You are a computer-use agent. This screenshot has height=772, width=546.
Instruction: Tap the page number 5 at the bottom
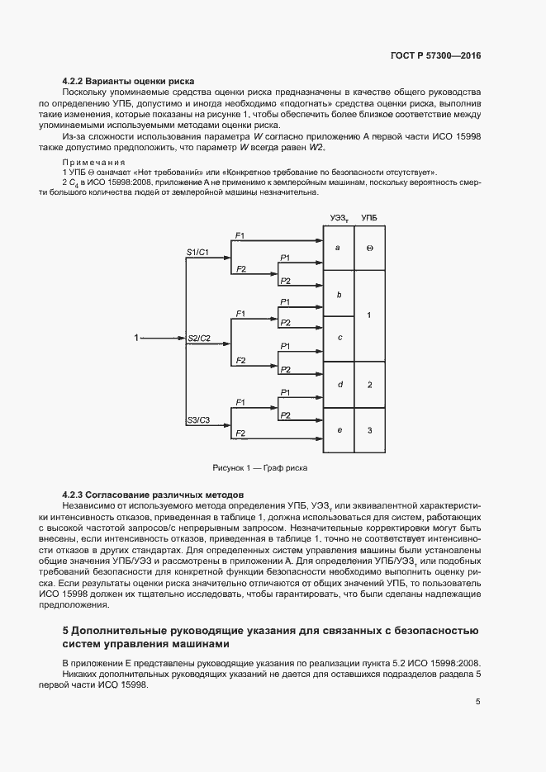click(x=478, y=702)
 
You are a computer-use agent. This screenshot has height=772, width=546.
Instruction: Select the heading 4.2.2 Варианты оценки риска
click(x=128, y=82)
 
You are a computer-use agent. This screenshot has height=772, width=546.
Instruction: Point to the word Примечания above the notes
click(x=93, y=163)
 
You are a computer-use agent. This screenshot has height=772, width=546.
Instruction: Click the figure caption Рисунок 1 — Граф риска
click(x=259, y=467)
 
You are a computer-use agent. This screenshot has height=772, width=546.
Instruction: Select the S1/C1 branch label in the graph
click(x=198, y=251)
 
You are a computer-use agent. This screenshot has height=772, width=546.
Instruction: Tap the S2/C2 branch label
click(x=199, y=339)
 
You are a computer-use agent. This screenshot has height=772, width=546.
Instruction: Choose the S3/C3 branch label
click(x=198, y=420)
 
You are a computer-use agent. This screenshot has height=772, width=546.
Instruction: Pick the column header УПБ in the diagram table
click(x=370, y=217)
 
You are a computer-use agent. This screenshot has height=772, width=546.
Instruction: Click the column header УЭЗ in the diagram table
click(x=339, y=217)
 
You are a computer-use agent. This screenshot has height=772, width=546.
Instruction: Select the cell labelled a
click(x=338, y=248)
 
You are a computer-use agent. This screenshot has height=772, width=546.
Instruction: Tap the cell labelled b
click(x=338, y=293)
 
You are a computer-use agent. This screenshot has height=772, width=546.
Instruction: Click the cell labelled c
click(x=338, y=339)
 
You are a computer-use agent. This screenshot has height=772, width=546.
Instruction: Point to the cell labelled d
click(x=338, y=385)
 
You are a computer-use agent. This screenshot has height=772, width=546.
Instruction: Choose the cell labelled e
click(x=338, y=430)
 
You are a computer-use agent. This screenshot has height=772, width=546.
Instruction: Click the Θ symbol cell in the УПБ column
click(x=369, y=248)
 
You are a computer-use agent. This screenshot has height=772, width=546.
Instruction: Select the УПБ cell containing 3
click(x=369, y=430)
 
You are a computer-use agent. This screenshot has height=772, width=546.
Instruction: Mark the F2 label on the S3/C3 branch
click(x=240, y=433)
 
